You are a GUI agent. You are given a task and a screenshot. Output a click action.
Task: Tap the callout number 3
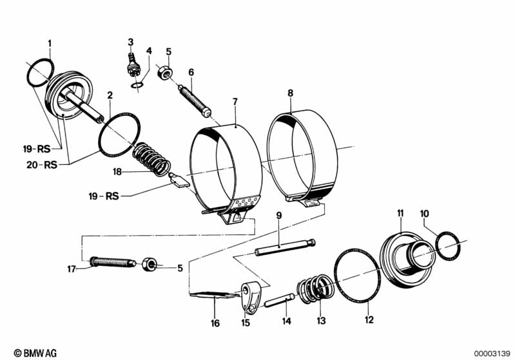point(130,43)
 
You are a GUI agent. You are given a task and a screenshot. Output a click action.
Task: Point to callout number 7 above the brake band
point(235,102)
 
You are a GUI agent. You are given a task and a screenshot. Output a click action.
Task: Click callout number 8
point(290,93)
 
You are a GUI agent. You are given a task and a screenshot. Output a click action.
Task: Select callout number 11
point(400,213)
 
